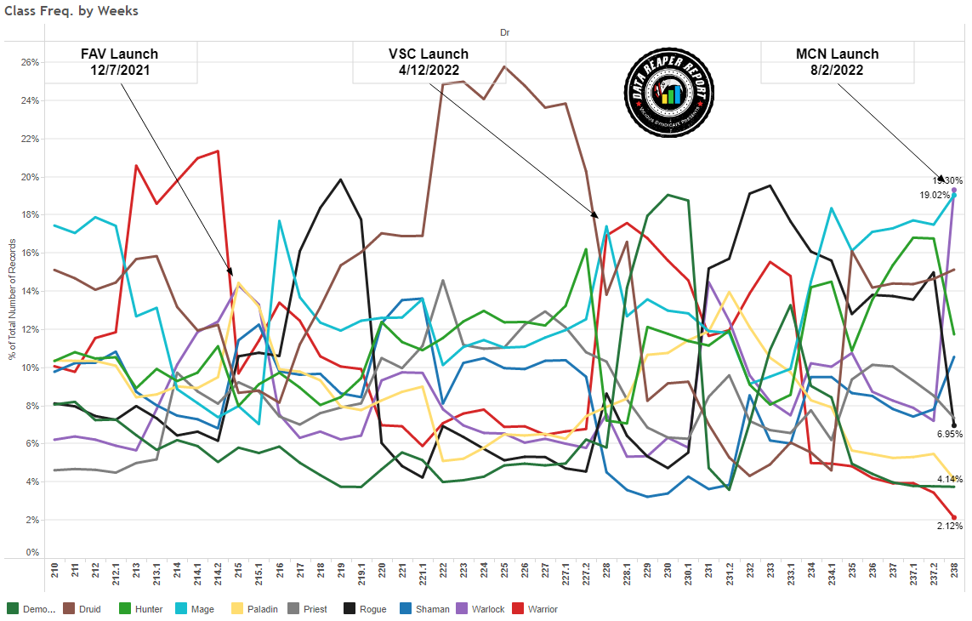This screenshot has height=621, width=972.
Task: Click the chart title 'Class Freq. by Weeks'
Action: (71, 11)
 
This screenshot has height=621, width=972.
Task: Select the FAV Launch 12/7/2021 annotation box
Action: (119, 62)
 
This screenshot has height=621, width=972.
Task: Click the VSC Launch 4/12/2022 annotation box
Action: (429, 62)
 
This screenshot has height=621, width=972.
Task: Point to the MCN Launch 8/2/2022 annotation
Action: (837, 62)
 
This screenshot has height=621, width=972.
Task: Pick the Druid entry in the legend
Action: (92, 609)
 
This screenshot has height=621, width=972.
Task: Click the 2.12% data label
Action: (949, 526)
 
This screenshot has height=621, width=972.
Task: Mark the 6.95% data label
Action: (949, 435)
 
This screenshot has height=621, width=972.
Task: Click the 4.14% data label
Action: (949, 480)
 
